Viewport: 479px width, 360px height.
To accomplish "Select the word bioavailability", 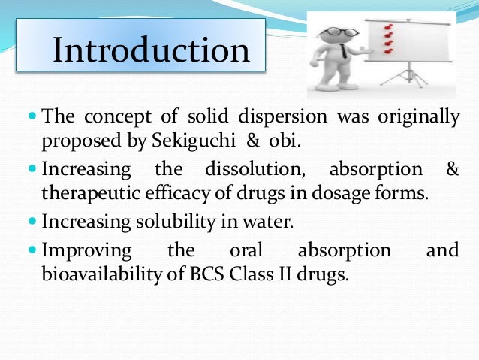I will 93,274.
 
